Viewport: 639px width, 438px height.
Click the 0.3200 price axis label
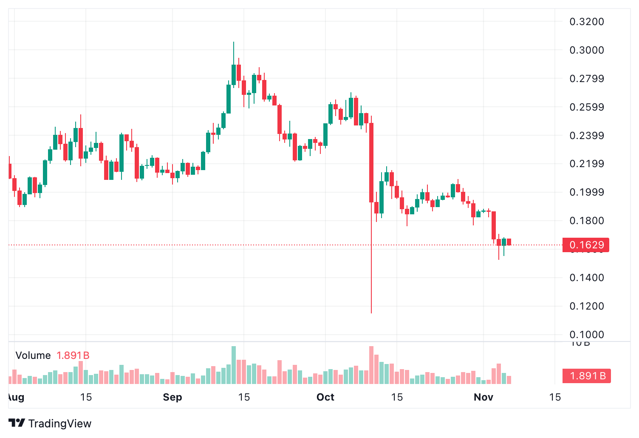coord(586,22)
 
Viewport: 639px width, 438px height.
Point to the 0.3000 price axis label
coord(586,50)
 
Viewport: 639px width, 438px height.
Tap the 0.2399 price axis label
coord(586,136)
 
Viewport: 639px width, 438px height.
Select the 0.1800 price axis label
coord(586,221)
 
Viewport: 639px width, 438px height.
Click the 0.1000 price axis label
coord(586,335)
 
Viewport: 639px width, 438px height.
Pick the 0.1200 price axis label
coord(586,306)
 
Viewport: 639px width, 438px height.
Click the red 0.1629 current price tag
coord(586,245)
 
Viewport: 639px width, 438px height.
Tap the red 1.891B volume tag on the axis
coord(587,376)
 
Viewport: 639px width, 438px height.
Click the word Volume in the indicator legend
coord(33,356)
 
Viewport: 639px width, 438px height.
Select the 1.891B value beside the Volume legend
coord(73,356)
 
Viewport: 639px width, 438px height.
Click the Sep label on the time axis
coord(172,397)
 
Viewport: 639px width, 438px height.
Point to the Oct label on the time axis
coord(325,397)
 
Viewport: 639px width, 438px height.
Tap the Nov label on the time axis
coord(483,397)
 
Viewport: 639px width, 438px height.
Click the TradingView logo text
coord(59,424)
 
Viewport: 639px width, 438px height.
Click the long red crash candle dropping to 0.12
coord(371,170)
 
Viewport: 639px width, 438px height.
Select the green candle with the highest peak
coord(234,74)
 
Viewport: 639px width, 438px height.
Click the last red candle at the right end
coord(509,242)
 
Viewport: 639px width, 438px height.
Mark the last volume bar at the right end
coord(509,380)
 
